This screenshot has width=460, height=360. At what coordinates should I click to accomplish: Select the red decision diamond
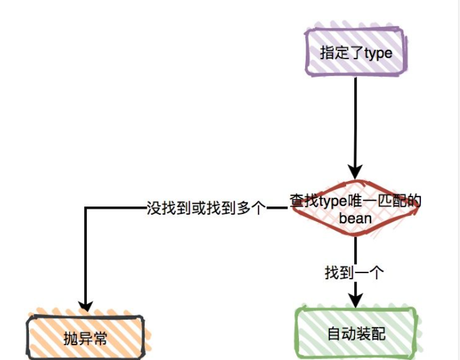pyautogui.click(x=355, y=209)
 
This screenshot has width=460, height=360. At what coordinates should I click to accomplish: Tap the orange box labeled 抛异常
pyautogui.click(x=86, y=336)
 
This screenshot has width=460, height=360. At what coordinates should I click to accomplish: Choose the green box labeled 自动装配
pyautogui.click(x=356, y=332)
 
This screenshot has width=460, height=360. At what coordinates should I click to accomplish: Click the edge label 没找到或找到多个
pyautogui.click(x=207, y=208)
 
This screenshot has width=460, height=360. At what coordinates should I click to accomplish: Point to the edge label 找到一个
pyautogui.click(x=354, y=273)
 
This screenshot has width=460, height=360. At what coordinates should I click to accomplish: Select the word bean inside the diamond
pyautogui.click(x=356, y=219)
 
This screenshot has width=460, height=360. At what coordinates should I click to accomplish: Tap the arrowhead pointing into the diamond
pyautogui.click(x=355, y=172)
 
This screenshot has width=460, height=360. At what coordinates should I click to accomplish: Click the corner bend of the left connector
pyautogui.click(x=86, y=208)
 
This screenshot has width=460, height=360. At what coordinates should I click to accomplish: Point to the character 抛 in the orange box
pyautogui.click(x=71, y=336)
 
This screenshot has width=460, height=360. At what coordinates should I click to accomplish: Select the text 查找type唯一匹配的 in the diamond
pyautogui.click(x=355, y=201)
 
